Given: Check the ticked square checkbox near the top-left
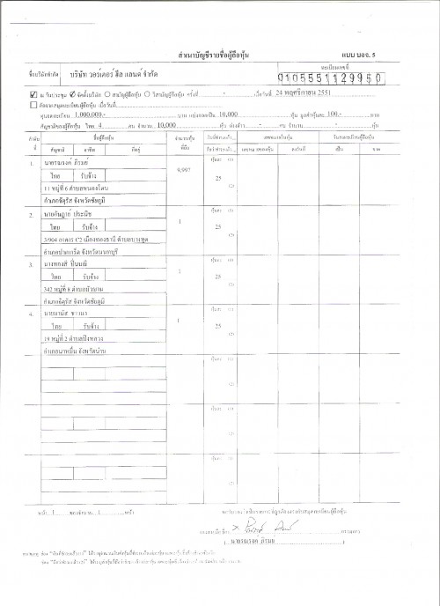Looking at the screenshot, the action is pyautogui.click(x=33, y=92).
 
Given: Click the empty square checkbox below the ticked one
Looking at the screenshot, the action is pyautogui.click(x=33, y=104).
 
